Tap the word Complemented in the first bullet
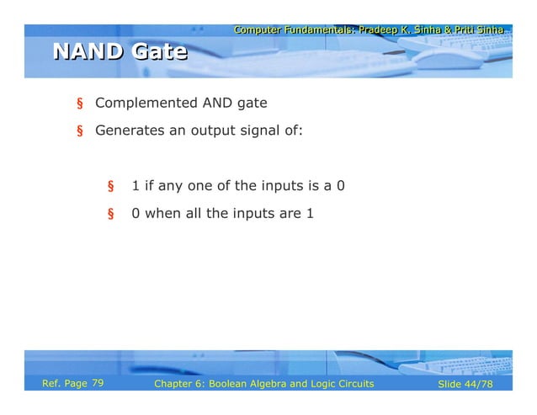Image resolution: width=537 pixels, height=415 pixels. point(146,104)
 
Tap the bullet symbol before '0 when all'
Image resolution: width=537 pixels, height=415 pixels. point(109,214)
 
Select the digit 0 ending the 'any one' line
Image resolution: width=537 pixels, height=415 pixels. point(340,185)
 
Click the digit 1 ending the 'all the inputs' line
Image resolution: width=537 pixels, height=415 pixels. point(310,213)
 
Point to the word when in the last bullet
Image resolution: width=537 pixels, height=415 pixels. point(162,213)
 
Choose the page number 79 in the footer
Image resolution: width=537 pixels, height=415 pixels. point(98,384)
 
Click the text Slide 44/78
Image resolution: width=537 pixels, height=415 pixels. point(465,385)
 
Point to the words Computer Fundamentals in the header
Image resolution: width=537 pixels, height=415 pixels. point(294,30)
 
